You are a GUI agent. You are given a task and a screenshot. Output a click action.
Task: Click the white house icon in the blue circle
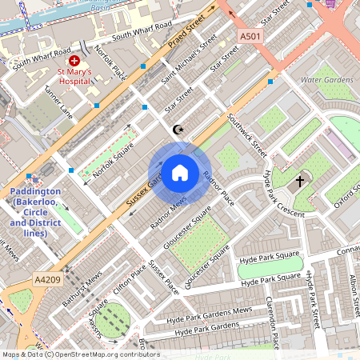[x=180, y=172]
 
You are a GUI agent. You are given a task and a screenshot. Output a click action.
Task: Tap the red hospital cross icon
[x=74, y=61]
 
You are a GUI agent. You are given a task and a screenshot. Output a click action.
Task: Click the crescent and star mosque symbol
[x=178, y=129]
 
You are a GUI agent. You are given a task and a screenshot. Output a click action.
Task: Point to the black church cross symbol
[x=300, y=182]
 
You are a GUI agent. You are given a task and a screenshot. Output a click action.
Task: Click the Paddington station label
[x=34, y=212]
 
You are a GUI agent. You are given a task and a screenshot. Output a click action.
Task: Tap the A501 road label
[x=250, y=37]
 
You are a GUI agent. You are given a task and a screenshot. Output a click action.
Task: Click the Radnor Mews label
[x=168, y=213]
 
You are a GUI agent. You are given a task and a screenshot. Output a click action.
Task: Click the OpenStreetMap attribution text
[x=80, y=354]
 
